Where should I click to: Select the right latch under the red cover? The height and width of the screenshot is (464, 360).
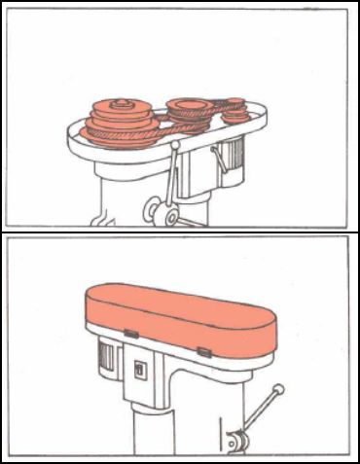point(202,349)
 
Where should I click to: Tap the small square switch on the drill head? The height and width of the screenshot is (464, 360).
point(139,370)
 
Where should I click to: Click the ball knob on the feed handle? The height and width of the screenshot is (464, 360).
point(279,390)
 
